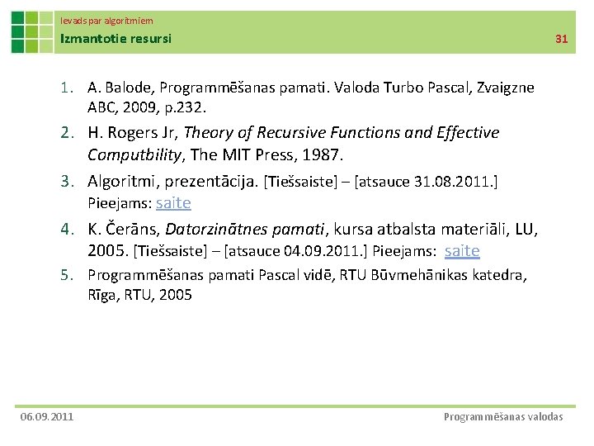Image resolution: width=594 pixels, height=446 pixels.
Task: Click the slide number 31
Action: [562, 39]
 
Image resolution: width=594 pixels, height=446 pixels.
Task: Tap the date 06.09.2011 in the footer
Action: [47, 416]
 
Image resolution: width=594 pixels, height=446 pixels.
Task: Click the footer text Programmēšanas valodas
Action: [503, 416]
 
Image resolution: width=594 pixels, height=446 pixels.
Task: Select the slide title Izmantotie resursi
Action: [115, 38]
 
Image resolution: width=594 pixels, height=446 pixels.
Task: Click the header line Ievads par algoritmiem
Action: [106, 20]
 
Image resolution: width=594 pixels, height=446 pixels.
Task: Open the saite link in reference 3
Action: [173, 202]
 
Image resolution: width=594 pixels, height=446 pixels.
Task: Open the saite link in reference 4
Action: [462, 251]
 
